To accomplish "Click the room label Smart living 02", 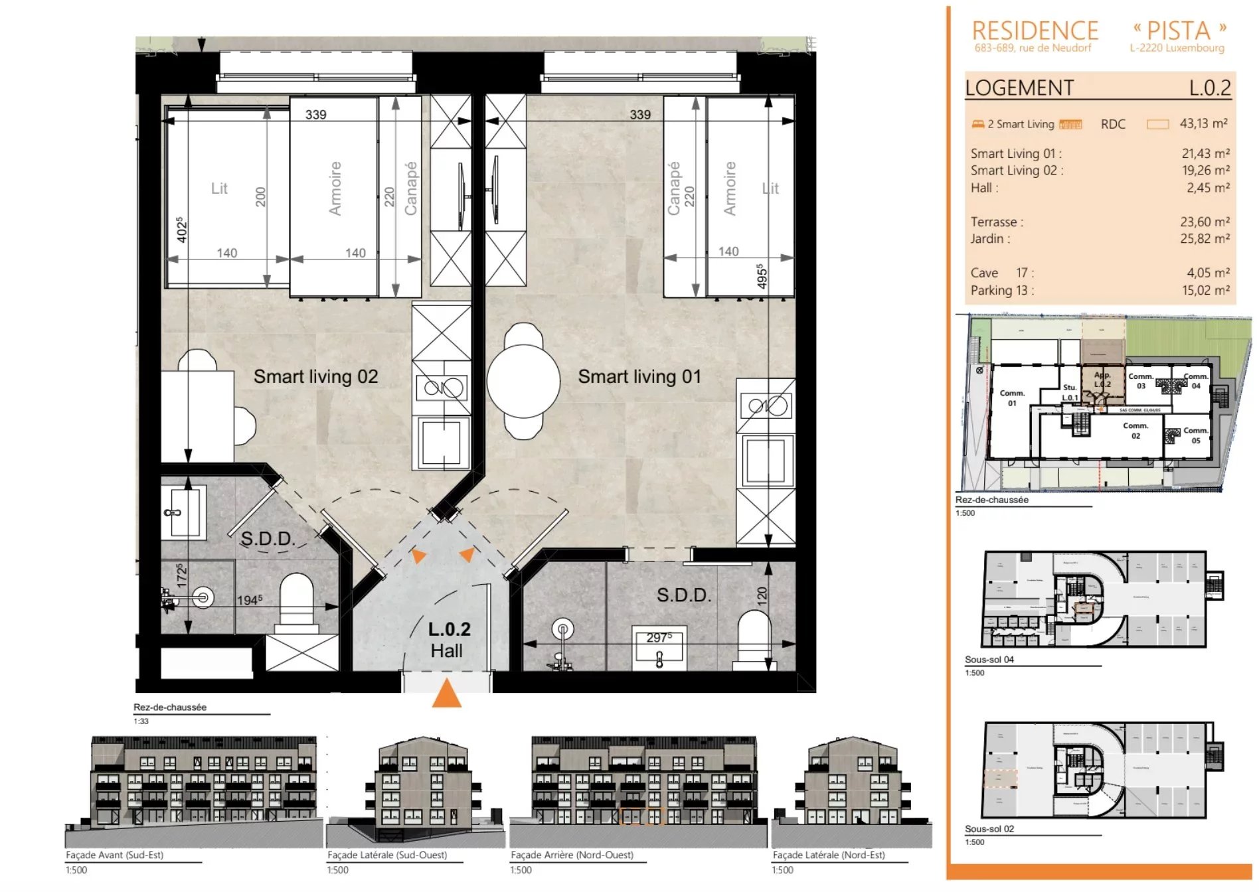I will coord(315,377).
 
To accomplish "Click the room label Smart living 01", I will coord(639,377).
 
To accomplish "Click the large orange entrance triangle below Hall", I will coord(446,694).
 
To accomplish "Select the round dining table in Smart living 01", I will coord(523,381).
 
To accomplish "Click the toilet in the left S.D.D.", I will coord(296,601).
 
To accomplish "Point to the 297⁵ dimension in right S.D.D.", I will coord(659,637).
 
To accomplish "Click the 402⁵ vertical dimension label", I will coord(181,230).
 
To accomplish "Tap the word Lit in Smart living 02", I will coord(219,188).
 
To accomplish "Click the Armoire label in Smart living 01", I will coord(729,188).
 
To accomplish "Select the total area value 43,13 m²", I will coord(1203,123).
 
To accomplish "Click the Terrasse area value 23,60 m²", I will coord(1204,222).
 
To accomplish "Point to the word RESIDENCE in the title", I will coord(1035,31).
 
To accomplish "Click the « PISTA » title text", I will coord(1179,31).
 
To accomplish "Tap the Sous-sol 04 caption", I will coord(989,659).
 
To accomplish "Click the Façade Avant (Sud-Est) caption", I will coord(114,855).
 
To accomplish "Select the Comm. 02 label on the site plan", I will coord(1135,431).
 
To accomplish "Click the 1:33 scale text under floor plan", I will coord(141,721).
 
